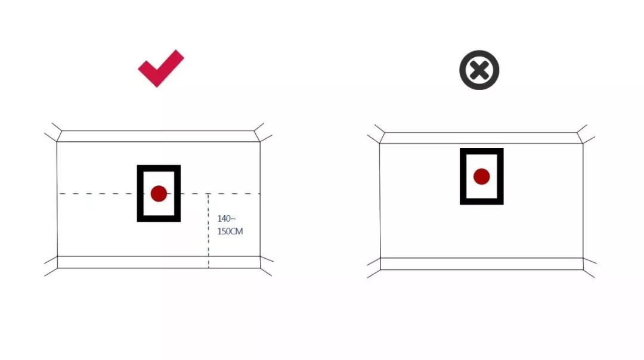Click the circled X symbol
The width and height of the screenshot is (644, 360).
479,70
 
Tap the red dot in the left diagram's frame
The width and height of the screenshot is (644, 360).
159,193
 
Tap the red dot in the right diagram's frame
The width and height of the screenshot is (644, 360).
482,176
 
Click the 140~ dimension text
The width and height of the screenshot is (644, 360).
227,218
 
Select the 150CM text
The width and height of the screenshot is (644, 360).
230,231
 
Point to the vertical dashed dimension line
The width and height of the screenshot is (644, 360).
209,231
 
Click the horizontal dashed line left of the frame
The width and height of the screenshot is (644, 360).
98,193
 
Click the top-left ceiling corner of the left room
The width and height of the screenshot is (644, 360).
57,142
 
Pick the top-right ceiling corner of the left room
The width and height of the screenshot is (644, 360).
259,142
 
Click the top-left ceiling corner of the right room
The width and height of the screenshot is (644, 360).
379,143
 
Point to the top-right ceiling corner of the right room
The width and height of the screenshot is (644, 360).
583,143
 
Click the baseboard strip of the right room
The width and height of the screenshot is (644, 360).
482,264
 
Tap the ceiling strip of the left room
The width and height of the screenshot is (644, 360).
158,136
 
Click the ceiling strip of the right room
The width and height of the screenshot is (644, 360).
481,138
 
